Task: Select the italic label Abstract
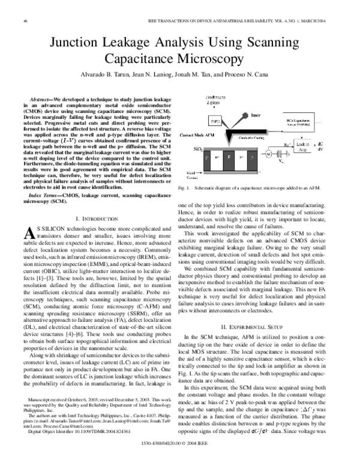click(42, 97)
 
